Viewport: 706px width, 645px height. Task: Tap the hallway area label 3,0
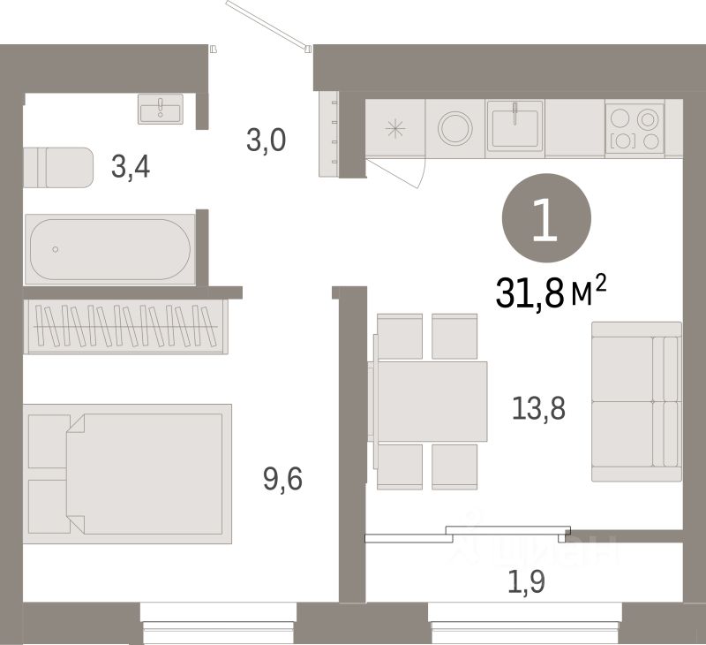tap(266, 140)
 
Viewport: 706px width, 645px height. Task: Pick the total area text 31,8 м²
tap(552, 293)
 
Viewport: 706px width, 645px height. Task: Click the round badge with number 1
tap(545, 219)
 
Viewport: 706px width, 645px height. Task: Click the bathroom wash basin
tap(160, 110)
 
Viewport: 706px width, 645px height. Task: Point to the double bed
tap(130, 469)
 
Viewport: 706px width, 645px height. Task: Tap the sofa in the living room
tap(635, 401)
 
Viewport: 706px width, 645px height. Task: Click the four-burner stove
tap(635, 128)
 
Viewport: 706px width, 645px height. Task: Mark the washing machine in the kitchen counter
tap(455, 127)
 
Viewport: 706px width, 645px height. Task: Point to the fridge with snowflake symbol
tap(394, 127)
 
